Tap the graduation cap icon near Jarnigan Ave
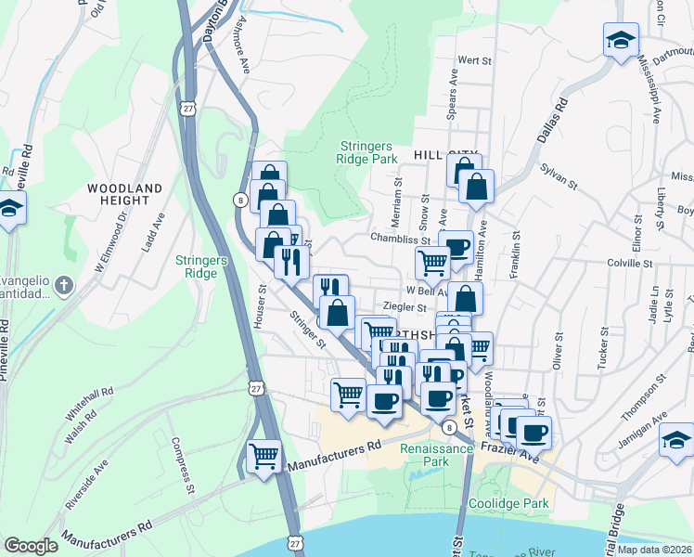click(676, 440)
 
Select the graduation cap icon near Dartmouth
click(621, 40)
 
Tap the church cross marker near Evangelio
click(61, 285)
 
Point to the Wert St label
click(473, 60)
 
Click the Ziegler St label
click(405, 307)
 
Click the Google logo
click(31, 546)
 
